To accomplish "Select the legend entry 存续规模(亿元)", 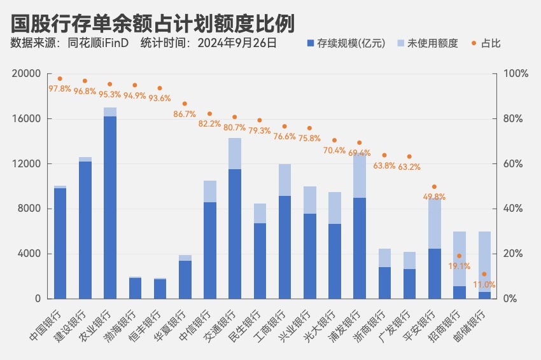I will tap(347, 44).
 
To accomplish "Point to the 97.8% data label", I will tap(60, 89).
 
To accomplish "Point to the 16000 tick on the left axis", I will tap(30, 119).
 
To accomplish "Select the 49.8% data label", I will tap(434, 197).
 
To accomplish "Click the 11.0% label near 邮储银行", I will tap(484, 285).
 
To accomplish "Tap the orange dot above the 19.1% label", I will tap(459, 256).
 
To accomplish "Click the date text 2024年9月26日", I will tap(237, 44).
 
